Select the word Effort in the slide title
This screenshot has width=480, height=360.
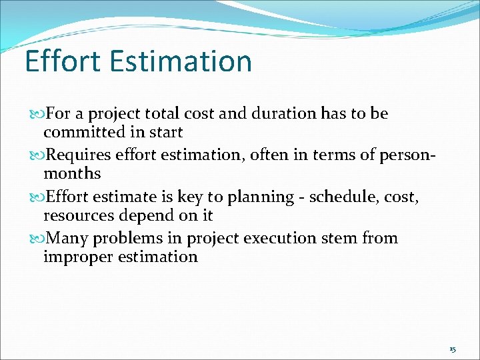click(61, 61)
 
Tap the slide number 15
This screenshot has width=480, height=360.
click(453, 349)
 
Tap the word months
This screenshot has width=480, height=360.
click(72, 174)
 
